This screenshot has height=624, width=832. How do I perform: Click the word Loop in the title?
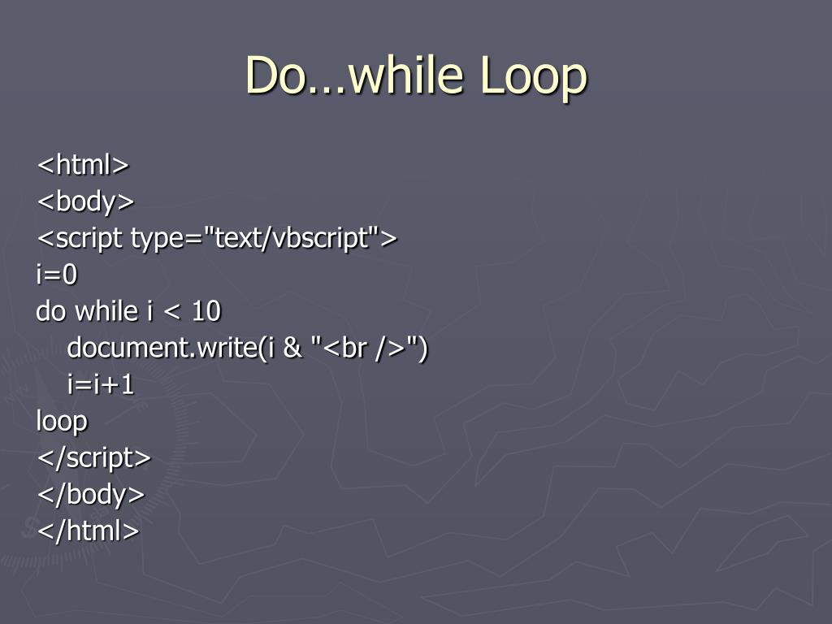click(x=533, y=76)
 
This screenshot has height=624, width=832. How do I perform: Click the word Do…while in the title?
click(x=354, y=76)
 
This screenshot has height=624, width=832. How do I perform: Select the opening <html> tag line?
click(x=82, y=165)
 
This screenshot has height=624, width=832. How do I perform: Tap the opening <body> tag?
click(x=85, y=201)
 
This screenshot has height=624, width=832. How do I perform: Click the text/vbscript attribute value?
click(x=296, y=238)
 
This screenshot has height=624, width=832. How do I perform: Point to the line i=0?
click(x=57, y=275)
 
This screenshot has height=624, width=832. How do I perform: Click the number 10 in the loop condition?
click(x=207, y=311)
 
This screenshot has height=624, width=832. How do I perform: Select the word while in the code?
click(x=106, y=311)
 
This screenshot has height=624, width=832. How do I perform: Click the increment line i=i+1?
click(x=101, y=384)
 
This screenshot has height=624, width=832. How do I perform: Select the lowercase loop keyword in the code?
click(x=62, y=421)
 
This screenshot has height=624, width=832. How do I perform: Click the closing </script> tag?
click(x=93, y=457)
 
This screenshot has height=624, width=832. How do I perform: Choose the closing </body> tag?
click(x=90, y=494)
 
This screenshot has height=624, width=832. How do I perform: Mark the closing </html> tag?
click(x=88, y=531)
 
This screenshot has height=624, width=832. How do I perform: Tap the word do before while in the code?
click(x=52, y=311)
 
